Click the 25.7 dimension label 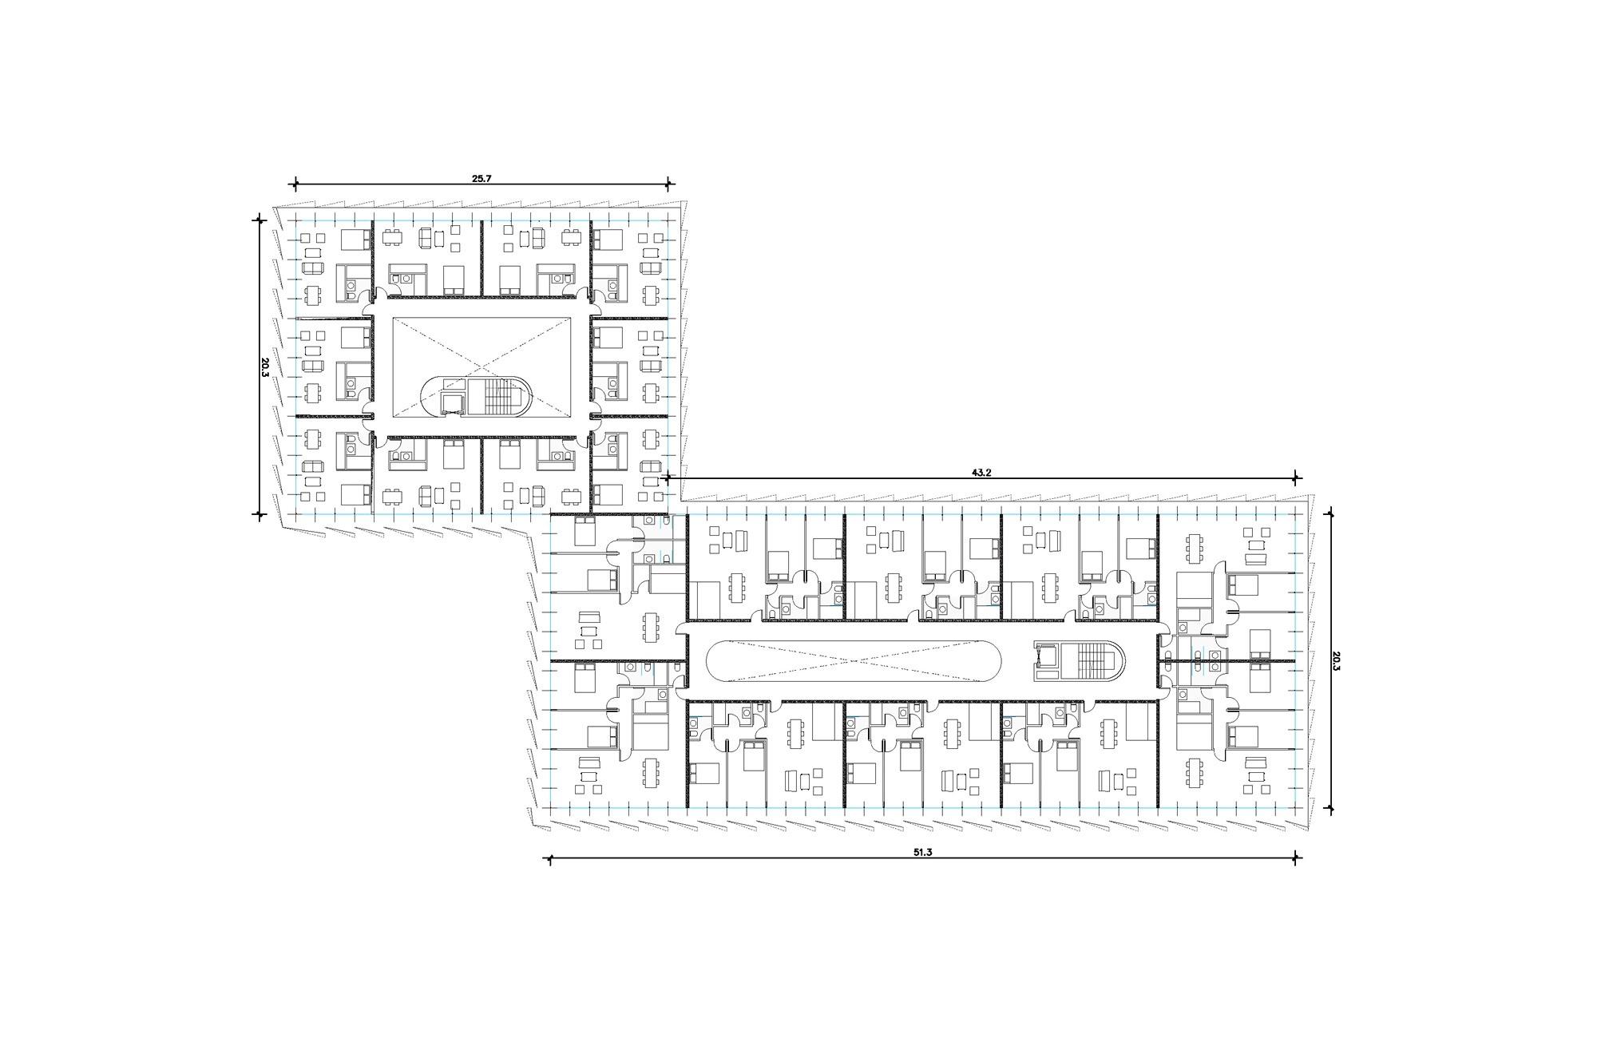(x=481, y=179)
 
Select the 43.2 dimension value (x=981, y=473)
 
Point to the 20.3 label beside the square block (x=264, y=367)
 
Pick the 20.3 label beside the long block (x=1336, y=661)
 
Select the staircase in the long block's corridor (x=1092, y=661)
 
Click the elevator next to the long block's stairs (x=1048, y=657)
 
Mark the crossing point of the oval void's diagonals (x=854, y=661)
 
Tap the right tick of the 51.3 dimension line (x=1297, y=859)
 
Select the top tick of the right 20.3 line (x=1330, y=514)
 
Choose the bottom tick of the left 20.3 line (x=258, y=514)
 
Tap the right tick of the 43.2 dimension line (x=1297, y=479)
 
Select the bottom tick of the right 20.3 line (x=1330, y=809)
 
